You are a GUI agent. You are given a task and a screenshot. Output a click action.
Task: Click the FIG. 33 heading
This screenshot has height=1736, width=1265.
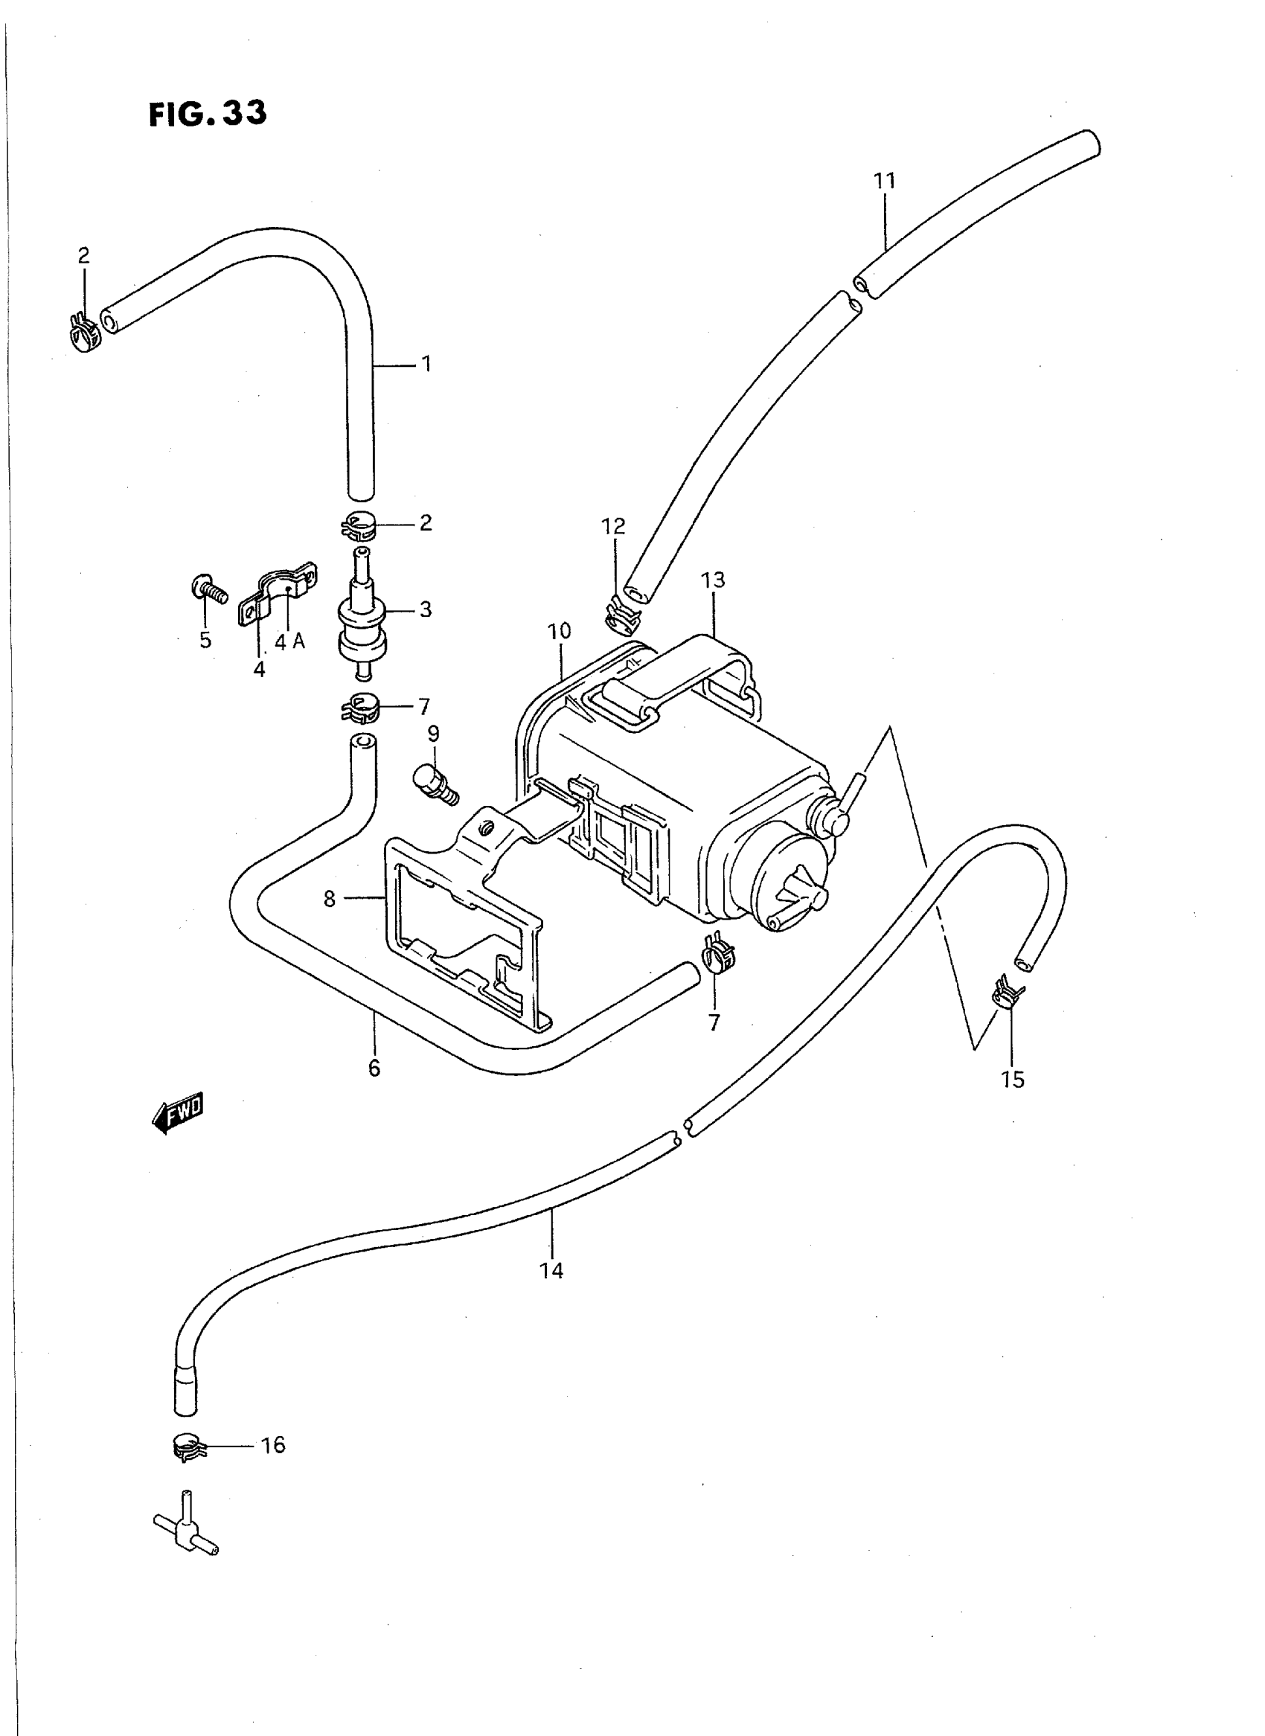(208, 114)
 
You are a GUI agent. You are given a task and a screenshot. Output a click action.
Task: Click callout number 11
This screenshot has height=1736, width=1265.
(885, 182)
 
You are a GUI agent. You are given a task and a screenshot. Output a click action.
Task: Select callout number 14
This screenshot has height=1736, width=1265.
(551, 1270)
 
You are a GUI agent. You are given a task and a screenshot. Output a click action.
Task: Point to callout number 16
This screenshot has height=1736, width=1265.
(272, 1445)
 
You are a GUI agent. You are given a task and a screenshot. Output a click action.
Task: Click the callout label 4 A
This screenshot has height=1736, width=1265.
(290, 642)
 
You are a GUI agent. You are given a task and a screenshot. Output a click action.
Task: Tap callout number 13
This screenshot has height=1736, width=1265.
(712, 580)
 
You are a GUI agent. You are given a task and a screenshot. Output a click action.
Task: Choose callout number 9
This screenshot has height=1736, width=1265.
(433, 734)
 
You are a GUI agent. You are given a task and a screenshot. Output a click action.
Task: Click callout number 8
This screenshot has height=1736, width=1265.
(329, 899)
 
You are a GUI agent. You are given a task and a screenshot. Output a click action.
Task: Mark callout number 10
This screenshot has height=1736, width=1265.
(559, 631)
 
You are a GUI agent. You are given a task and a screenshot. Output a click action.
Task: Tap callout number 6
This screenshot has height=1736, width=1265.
(374, 1068)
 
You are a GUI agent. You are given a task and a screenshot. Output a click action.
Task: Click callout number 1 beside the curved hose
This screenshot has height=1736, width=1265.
(426, 364)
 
